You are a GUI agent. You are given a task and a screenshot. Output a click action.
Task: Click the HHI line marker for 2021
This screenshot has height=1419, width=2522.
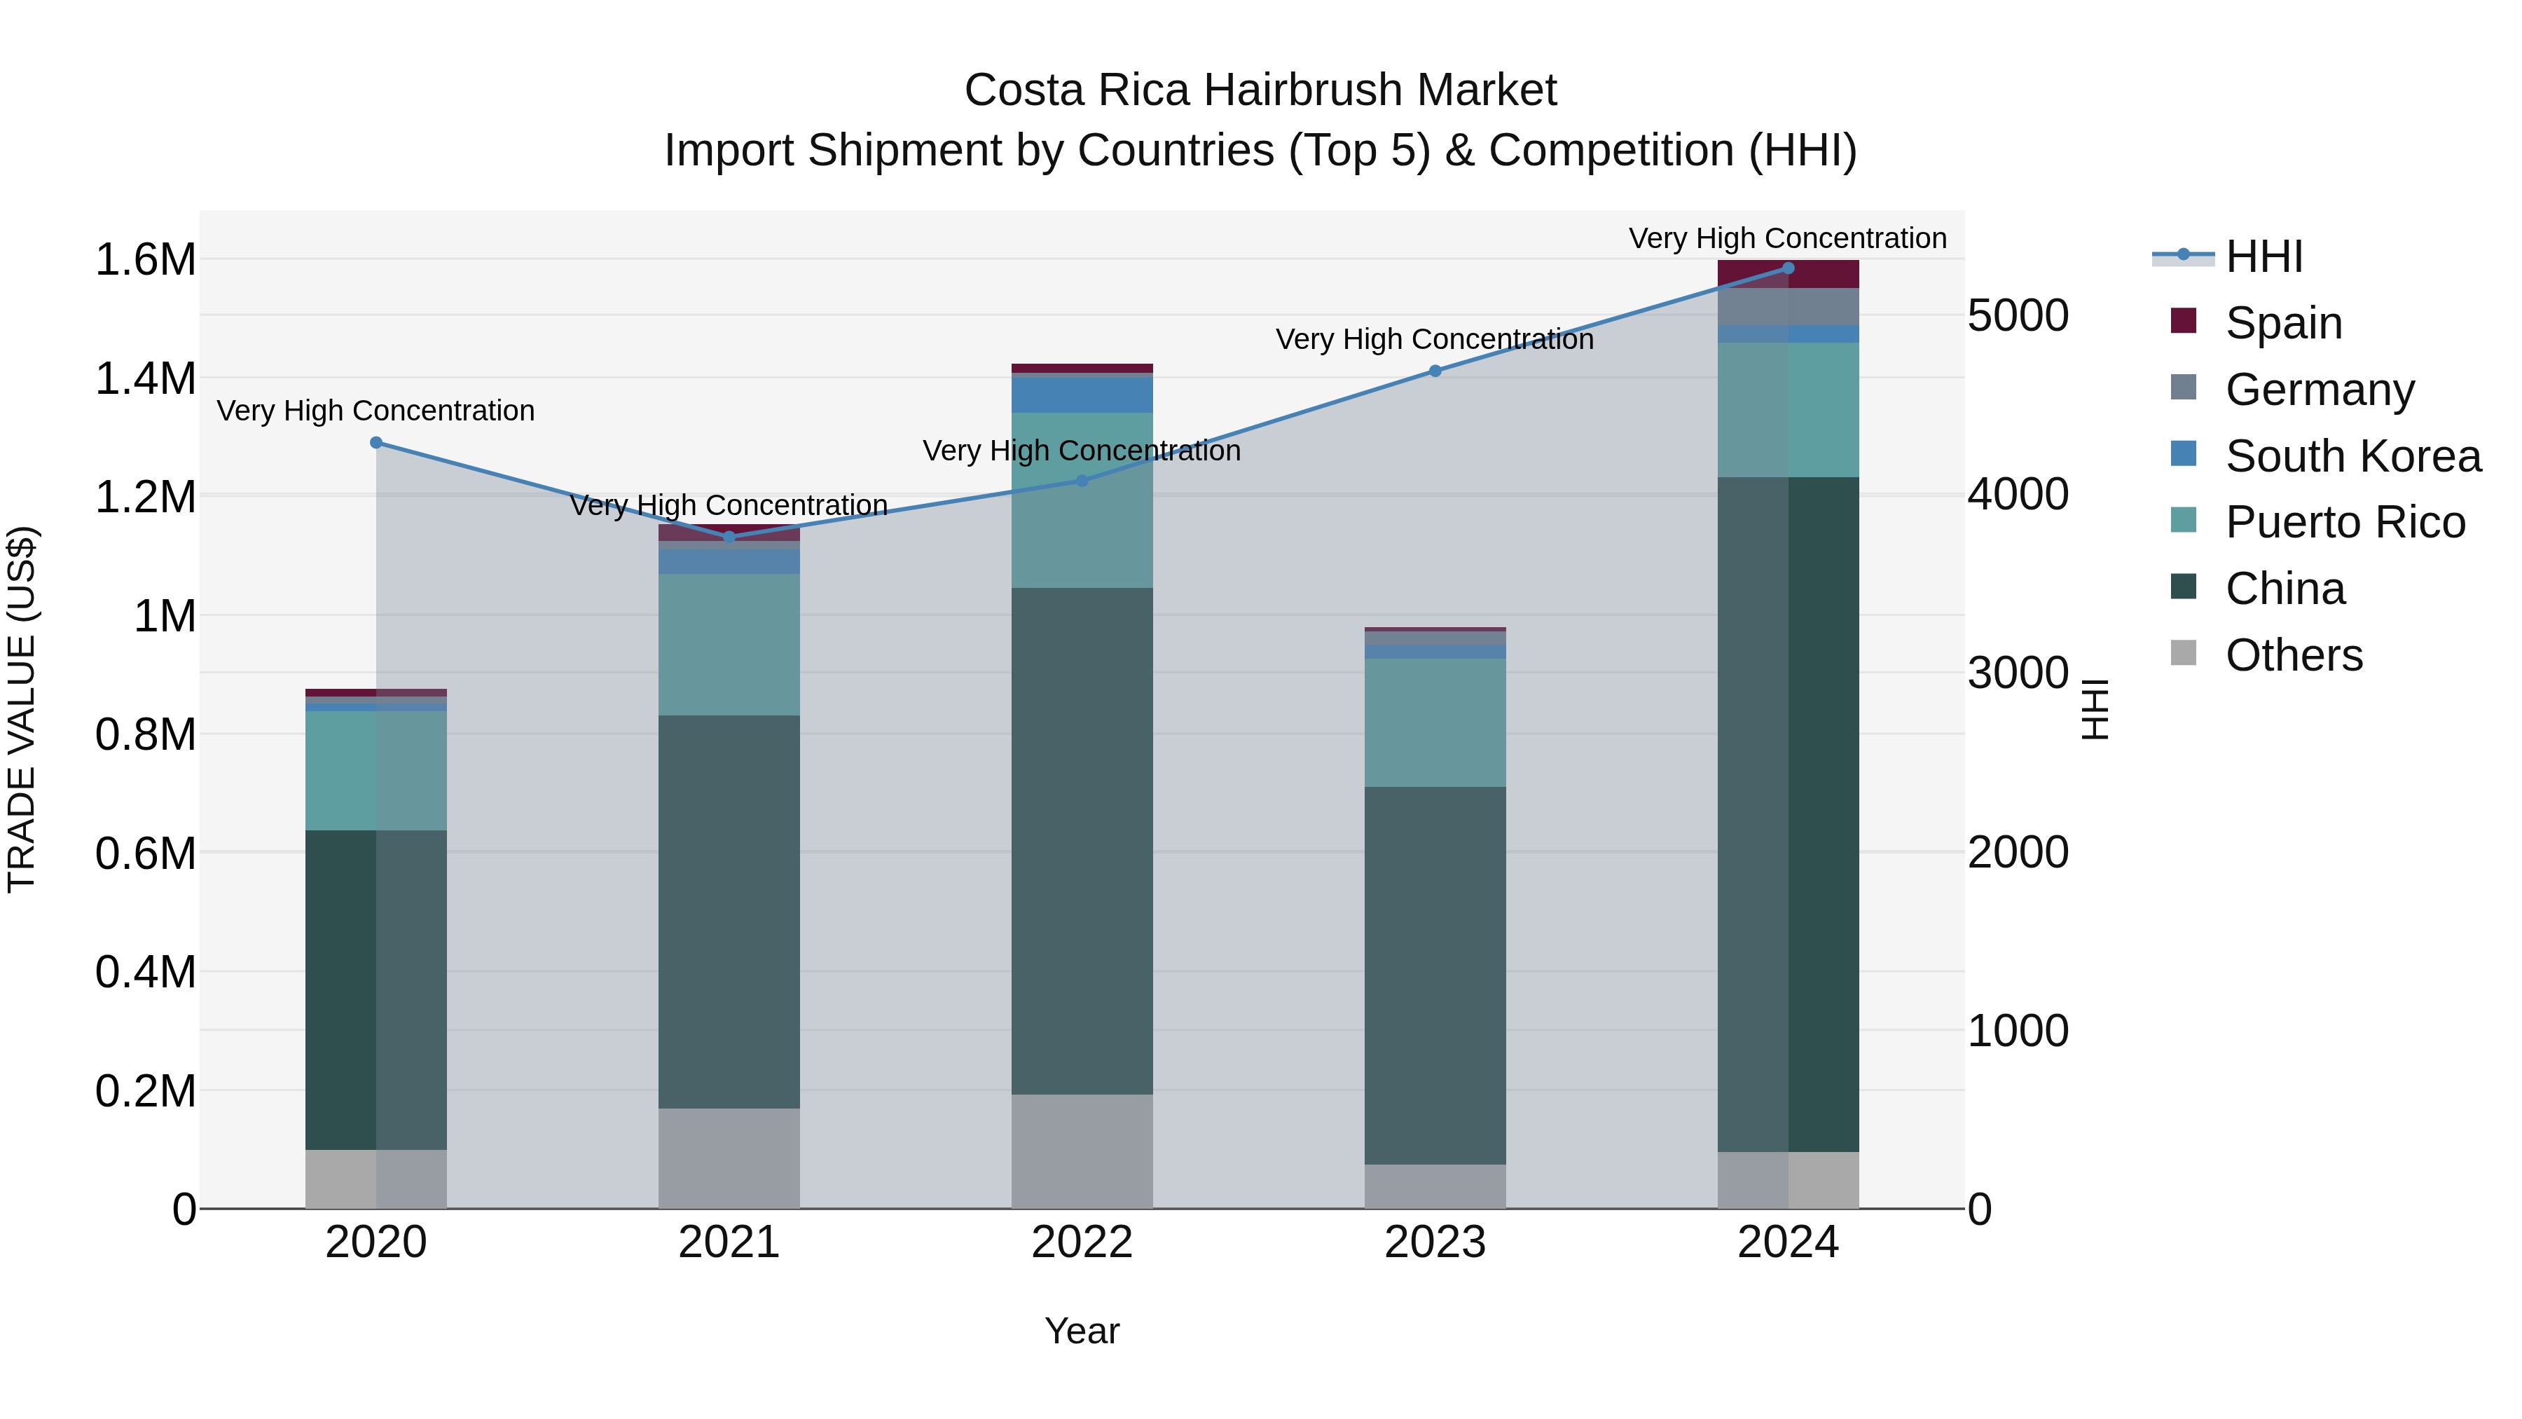click(x=729, y=537)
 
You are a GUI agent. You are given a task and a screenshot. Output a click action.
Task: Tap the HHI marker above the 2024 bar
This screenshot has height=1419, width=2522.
click(x=1788, y=268)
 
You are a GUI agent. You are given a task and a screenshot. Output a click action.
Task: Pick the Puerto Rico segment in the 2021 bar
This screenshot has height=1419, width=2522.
click(x=729, y=645)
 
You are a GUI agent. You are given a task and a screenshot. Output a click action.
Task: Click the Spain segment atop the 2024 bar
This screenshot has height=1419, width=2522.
click(x=1788, y=274)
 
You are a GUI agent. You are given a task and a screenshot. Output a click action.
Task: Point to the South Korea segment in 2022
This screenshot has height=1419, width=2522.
click(x=1082, y=395)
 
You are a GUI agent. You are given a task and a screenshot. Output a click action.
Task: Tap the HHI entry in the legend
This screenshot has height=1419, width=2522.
click(x=2263, y=256)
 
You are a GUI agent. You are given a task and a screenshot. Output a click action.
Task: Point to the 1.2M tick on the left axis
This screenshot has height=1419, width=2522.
click(x=145, y=498)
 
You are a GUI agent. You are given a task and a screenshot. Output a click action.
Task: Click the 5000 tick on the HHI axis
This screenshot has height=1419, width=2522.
click(x=2017, y=316)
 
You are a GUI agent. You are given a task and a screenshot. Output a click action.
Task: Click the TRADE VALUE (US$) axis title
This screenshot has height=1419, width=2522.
click(x=22, y=709)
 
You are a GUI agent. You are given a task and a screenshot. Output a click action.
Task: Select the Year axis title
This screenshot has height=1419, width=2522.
click(x=1081, y=1331)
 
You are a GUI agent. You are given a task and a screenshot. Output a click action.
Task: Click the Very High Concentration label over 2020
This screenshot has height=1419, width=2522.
click(x=376, y=411)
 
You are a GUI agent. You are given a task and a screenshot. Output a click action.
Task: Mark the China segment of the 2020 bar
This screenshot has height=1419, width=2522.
click(x=376, y=989)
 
